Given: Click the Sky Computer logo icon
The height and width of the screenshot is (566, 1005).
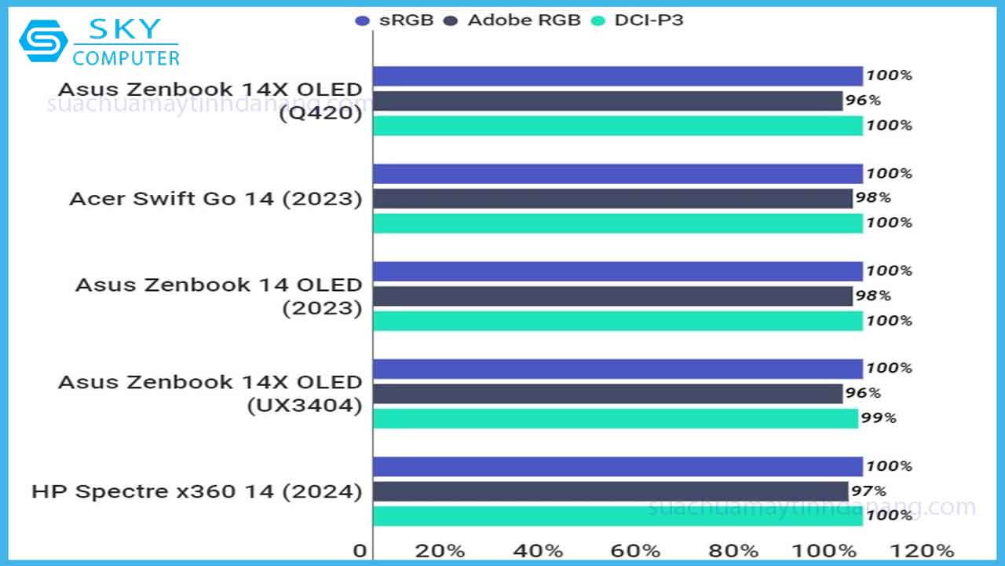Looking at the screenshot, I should (x=42, y=42).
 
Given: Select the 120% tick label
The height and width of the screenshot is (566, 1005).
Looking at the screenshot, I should (x=928, y=549).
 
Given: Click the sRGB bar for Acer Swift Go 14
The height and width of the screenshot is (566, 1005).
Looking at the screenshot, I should (x=617, y=174).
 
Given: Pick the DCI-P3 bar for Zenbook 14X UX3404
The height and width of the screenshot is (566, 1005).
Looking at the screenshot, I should (x=615, y=418).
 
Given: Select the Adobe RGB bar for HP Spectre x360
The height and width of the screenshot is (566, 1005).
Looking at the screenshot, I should (x=610, y=491).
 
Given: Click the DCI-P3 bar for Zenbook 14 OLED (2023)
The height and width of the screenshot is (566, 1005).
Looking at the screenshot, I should (x=617, y=321).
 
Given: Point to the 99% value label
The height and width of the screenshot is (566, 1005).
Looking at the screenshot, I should (x=879, y=418).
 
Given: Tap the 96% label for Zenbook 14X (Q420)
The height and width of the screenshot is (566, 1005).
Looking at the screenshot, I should (x=863, y=101).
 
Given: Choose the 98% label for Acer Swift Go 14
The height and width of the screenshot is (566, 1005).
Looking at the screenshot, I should (x=873, y=198).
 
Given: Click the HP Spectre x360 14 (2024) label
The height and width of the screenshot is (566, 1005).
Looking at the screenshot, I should (x=196, y=492).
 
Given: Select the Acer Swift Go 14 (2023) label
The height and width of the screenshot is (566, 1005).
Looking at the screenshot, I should (x=216, y=198).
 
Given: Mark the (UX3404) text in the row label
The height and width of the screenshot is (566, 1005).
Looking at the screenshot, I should (x=305, y=406).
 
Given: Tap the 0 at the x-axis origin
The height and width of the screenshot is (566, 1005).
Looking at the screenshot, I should (x=360, y=549).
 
